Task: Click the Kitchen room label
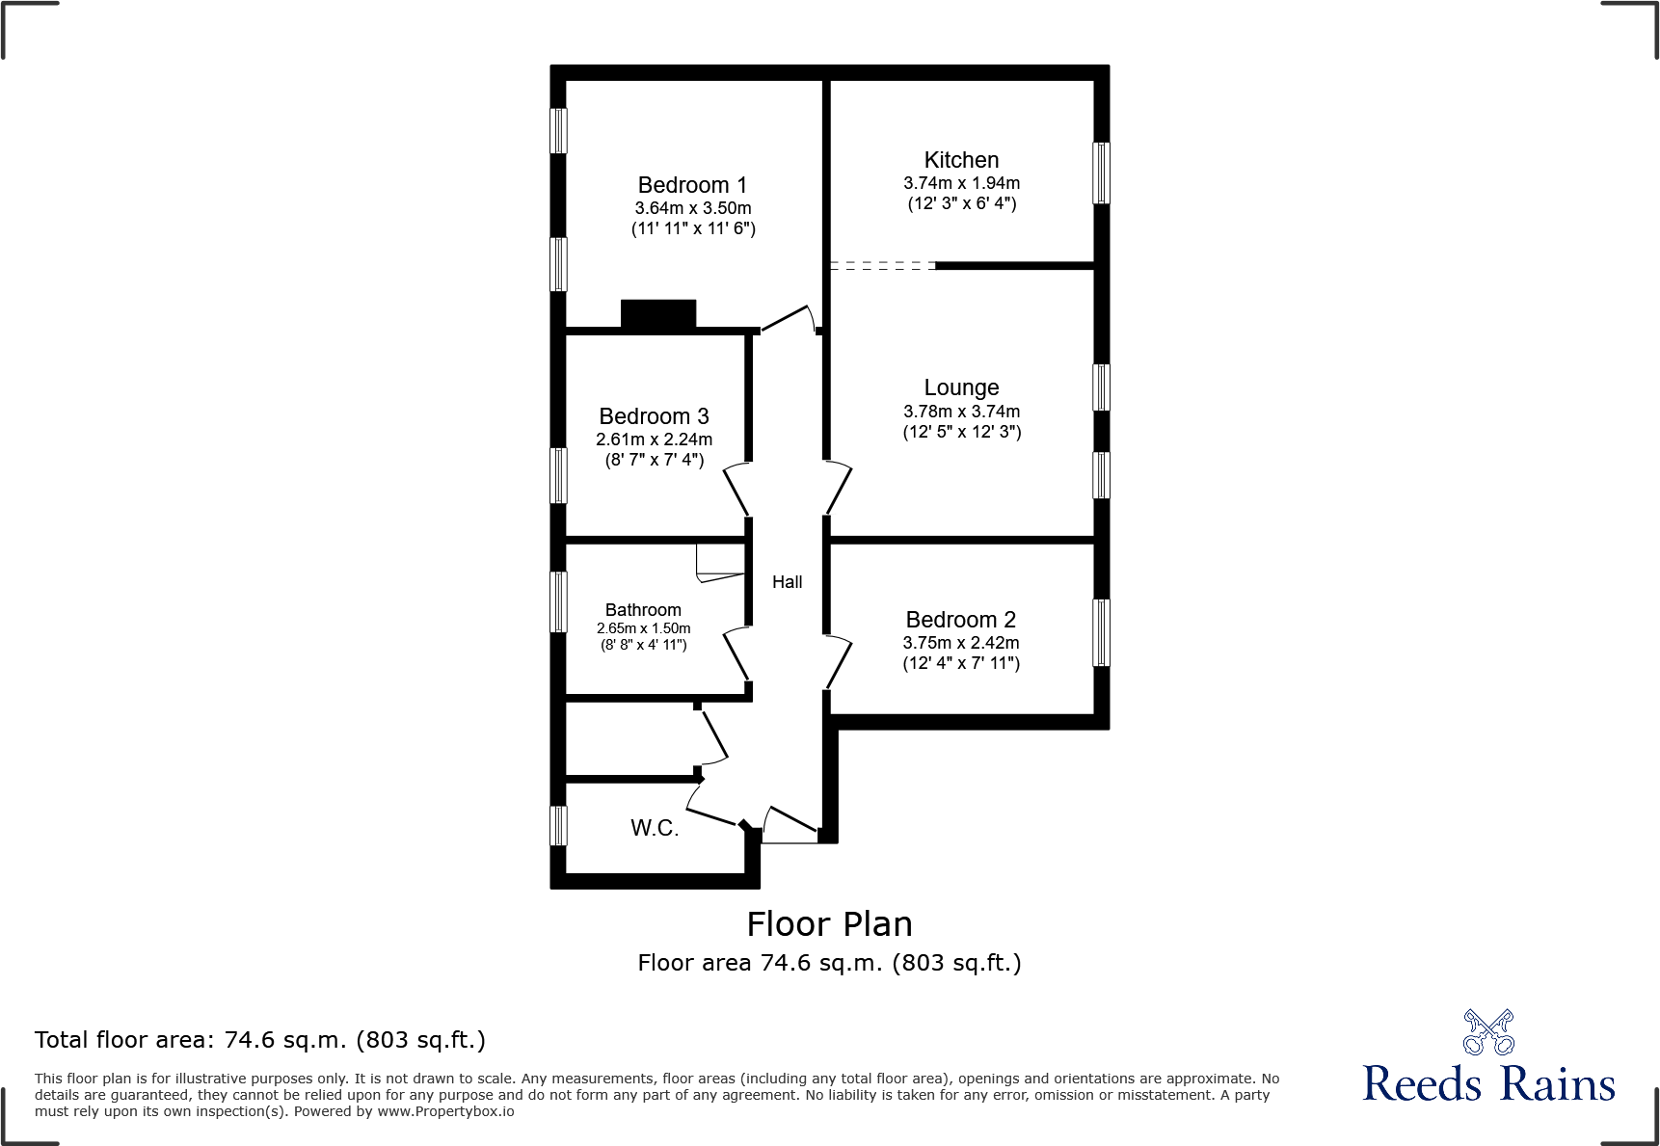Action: click(961, 160)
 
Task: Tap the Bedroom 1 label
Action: click(692, 185)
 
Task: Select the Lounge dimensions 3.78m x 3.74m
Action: click(961, 412)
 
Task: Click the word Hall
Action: click(787, 582)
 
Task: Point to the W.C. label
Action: click(655, 828)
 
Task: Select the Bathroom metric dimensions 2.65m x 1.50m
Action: click(643, 628)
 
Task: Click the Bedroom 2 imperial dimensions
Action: click(961, 663)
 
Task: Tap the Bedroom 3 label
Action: click(654, 416)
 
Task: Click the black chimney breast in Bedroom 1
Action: click(658, 314)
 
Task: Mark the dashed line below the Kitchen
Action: click(882, 265)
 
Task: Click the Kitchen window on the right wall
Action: click(1101, 173)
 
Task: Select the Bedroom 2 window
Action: click(1101, 632)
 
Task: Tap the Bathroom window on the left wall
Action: click(558, 602)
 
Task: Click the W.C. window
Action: click(558, 826)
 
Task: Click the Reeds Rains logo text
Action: click(1488, 1084)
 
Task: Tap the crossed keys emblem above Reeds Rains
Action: click(1488, 1032)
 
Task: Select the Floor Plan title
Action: click(829, 924)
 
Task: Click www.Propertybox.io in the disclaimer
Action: click(445, 1111)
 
